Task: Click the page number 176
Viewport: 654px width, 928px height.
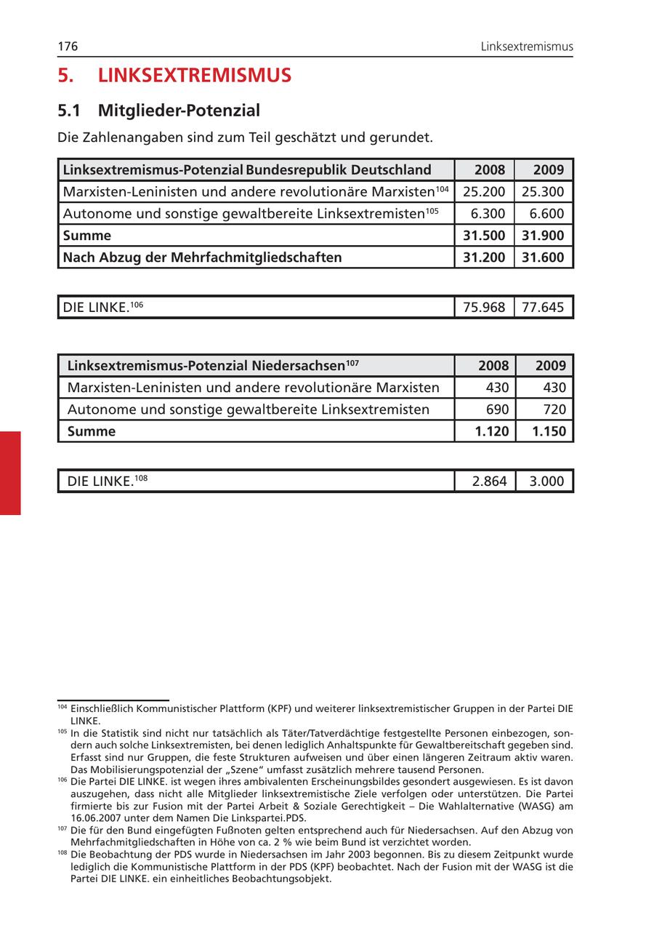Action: coord(68,47)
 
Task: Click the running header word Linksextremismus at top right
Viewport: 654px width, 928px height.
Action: coord(526,47)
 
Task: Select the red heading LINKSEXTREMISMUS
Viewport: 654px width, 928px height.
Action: coord(194,76)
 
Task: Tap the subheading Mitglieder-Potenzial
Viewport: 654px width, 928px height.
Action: coord(179,111)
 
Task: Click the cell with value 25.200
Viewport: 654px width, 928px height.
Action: coord(483,192)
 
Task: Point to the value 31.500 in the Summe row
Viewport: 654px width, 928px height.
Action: coord(483,236)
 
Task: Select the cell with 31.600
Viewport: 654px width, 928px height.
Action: coord(543,257)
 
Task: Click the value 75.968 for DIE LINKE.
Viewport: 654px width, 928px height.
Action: coord(483,308)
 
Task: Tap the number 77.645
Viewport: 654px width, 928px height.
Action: coord(543,308)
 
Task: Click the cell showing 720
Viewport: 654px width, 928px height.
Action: coord(553,409)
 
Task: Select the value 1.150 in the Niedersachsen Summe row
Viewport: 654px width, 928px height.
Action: coord(548,431)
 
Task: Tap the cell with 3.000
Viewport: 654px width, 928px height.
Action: coord(547,481)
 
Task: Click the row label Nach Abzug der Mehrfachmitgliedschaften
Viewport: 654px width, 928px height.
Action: coord(202,257)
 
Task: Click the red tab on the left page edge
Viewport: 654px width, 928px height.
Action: coord(10,473)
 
